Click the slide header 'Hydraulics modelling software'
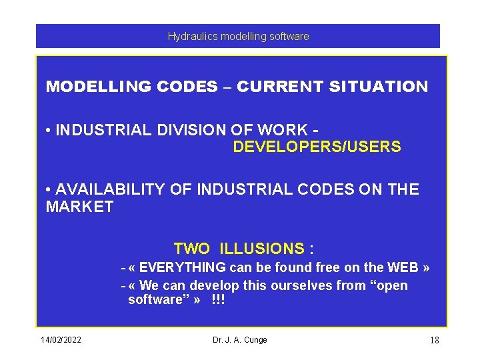tap(238, 37)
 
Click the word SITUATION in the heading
tap(379, 87)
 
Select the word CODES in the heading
tap(189, 87)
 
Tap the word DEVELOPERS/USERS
tap(317, 147)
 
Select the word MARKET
tap(79, 207)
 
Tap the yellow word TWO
tap(191, 249)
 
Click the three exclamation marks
tap(218, 300)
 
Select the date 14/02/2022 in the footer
tap(61, 340)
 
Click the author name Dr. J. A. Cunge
tap(239, 340)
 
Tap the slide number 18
tap(434, 341)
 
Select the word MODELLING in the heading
tap(97, 87)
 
